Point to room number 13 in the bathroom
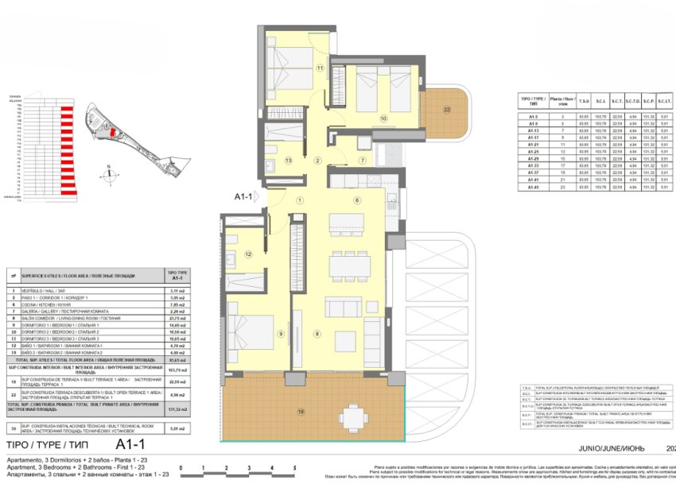[x=289, y=161]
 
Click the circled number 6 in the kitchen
[x=357, y=200]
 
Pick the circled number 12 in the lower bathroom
[x=249, y=254]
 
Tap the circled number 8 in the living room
[x=317, y=334]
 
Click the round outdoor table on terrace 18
[x=351, y=415]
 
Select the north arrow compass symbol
[x=107, y=171]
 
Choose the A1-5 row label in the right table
[x=534, y=118]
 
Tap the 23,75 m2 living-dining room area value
[x=177, y=317]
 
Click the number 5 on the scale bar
[x=295, y=469]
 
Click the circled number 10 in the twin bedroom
[x=383, y=118]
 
